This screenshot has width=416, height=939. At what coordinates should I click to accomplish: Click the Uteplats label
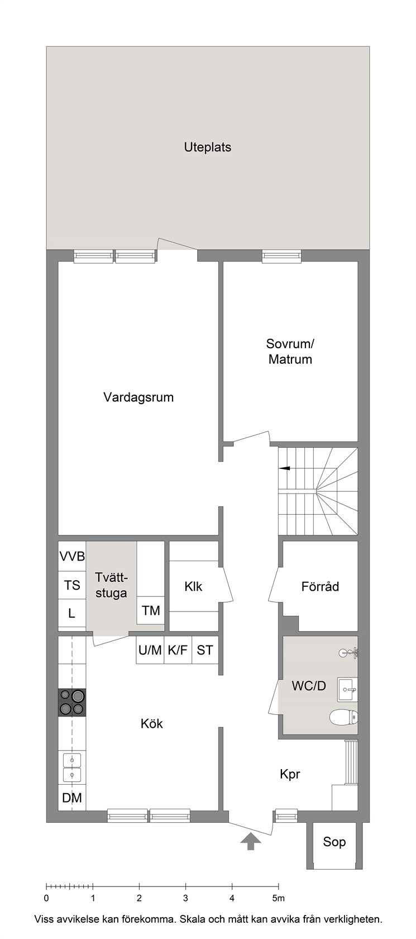(207, 147)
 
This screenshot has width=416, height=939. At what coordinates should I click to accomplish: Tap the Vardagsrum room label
(138, 397)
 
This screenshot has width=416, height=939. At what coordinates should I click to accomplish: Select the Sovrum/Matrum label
(290, 351)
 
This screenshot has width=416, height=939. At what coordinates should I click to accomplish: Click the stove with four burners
(72, 702)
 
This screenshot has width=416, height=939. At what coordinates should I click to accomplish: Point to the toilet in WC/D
(343, 717)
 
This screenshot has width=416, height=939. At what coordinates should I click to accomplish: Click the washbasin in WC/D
(347, 690)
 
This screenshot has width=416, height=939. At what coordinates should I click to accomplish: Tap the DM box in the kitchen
(72, 798)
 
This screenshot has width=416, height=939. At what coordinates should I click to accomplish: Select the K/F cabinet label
(178, 650)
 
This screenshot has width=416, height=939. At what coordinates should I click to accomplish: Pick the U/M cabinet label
(150, 650)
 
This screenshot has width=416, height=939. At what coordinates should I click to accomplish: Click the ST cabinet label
(205, 650)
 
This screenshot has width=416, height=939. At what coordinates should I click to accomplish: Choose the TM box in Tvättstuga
(151, 610)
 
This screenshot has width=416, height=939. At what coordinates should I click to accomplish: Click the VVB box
(72, 556)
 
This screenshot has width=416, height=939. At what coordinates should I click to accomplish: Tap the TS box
(72, 585)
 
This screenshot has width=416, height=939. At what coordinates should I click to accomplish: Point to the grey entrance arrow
(251, 841)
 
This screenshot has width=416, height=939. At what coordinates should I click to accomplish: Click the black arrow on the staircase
(285, 468)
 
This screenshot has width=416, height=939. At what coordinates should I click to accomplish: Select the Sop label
(334, 841)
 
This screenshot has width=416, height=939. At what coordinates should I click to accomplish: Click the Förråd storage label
(320, 586)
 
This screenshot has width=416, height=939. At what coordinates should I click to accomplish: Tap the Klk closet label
(193, 586)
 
